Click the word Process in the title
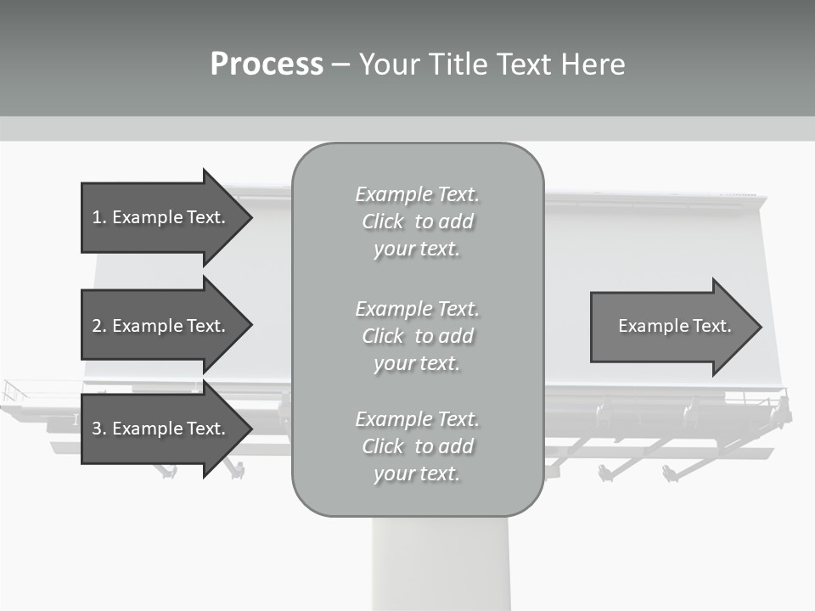(267, 64)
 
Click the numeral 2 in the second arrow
(97, 326)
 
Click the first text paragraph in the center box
(417, 221)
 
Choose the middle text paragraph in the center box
(417, 336)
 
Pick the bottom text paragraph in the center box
(417, 446)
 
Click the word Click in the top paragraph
(383, 221)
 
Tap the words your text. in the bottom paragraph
(417, 474)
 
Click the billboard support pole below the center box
(441, 563)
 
